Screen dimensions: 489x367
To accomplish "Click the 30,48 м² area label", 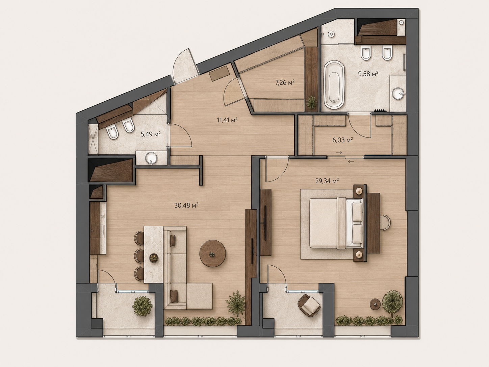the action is pyautogui.click(x=186, y=205).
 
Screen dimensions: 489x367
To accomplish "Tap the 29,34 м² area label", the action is pyautogui.click(x=327, y=180).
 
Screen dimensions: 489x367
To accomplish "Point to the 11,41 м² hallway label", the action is pyautogui.click(x=227, y=120).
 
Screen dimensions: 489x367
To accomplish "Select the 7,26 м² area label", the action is pyautogui.click(x=285, y=83).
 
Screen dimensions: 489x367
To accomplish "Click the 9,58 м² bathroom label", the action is pyautogui.click(x=368, y=74).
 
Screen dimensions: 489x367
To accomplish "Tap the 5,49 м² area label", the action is pyautogui.click(x=151, y=134).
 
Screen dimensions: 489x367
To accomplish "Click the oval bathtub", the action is pyautogui.click(x=334, y=85).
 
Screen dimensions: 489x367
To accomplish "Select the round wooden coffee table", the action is pyautogui.click(x=212, y=253).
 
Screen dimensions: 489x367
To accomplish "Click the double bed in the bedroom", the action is pyautogui.click(x=336, y=223).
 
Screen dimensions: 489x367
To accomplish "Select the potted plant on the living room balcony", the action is pyautogui.click(x=143, y=306).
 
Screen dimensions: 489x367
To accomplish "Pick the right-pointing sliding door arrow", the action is pyautogui.click(x=339, y=153).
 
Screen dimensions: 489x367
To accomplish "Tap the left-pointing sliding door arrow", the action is pyautogui.click(x=351, y=161).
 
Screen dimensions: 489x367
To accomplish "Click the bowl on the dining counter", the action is pyautogui.click(x=154, y=258).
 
